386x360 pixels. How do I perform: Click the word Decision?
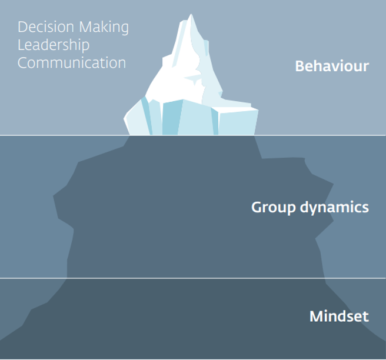pyautogui.click(x=46, y=27)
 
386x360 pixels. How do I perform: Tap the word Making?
pyautogui.click(x=104, y=28)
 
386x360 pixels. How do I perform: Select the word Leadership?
pyautogui.click(x=54, y=45)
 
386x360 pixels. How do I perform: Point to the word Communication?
pyautogui.click(x=72, y=62)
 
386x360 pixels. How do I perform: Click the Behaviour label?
pyautogui.click(x=332, y=66)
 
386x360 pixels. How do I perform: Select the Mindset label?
pyautogui.click(x=339, y=316)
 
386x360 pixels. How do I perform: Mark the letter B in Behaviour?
pyautogui.click(x=300, y=66)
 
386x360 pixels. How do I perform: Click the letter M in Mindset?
pyautogui.click(x=316, y=316)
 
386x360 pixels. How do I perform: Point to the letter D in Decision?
pyautogui.click(x=22, y=27)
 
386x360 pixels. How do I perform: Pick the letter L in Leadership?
pyautogui.click(x=21, y=45)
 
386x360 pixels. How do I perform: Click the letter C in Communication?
pyautogui.click(x=22, y=62)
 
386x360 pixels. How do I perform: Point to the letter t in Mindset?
pyautogui.click(x=365, y=316)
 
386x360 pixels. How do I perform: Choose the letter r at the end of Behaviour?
pyautogui.click(x=366, y=66)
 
